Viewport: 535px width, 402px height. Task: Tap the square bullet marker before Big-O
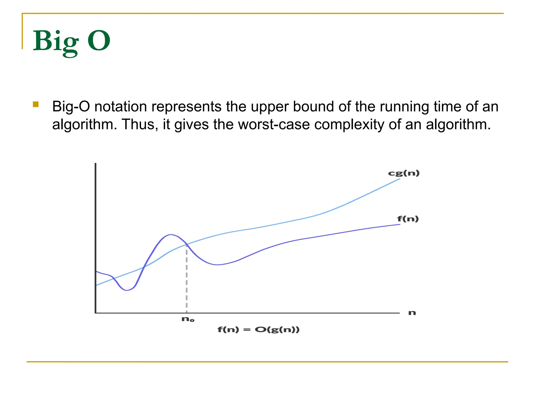point(36,105)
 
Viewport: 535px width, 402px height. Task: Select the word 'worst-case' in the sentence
point(274,124)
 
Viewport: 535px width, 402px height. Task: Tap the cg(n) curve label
point(404,173)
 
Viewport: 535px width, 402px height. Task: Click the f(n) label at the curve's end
point(408,219)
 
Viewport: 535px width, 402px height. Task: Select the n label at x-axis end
point(412,313)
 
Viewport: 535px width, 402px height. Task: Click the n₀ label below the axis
point(188,319)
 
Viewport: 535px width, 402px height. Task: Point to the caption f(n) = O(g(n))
point(258,330)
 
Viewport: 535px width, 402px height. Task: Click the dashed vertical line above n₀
point(187,280)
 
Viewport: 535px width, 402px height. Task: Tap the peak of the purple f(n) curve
point(171,234)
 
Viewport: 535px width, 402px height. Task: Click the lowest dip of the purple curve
point(127,290)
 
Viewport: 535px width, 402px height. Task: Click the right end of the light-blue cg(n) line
point(399,179)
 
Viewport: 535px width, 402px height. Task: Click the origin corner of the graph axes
point(96,313)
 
